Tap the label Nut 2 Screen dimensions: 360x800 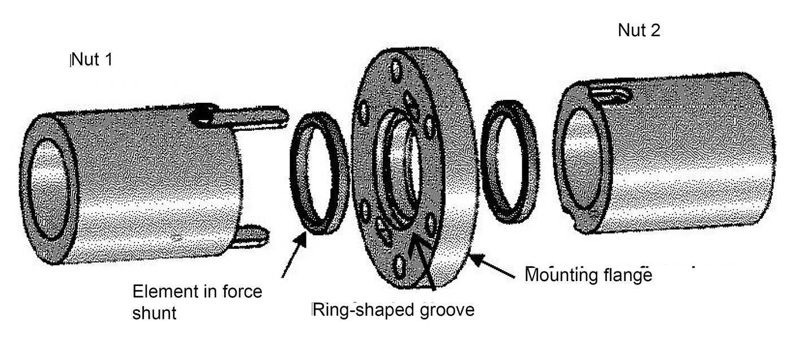tap(639, 30)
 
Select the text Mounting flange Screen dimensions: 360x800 tap(589, 275)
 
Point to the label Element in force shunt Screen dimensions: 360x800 tap(197, 302)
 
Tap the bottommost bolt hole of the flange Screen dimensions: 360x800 tap(401, 265)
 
